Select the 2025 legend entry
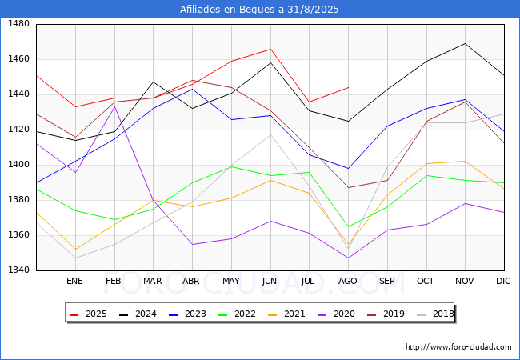click(x=88, y=314)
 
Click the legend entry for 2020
click(x=336, y=314)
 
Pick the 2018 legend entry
click(x=435, y=314)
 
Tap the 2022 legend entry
click(x=237, y=314)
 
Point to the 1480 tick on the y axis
click(x=19, y=24)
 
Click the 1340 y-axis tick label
click(x=19, y=270)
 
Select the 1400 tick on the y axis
click(x=19, y=165)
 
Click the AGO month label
click(x=347, y=281)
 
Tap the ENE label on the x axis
click(x=74, y=281)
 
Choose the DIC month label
click(x=503, y=281)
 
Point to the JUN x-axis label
click(x=270, y=281)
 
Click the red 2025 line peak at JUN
click(x=270, y=49)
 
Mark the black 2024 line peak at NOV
click(x=466, y=43)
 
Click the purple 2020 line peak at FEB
click(x=114, y=106)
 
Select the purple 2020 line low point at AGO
click(x=348, y=258)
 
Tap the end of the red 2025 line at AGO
click(x=348, y=87)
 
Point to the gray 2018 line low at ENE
click(x=76, y=258)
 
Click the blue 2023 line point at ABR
click(x=192, y=89)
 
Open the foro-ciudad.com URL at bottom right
click(x=458, y=347)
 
